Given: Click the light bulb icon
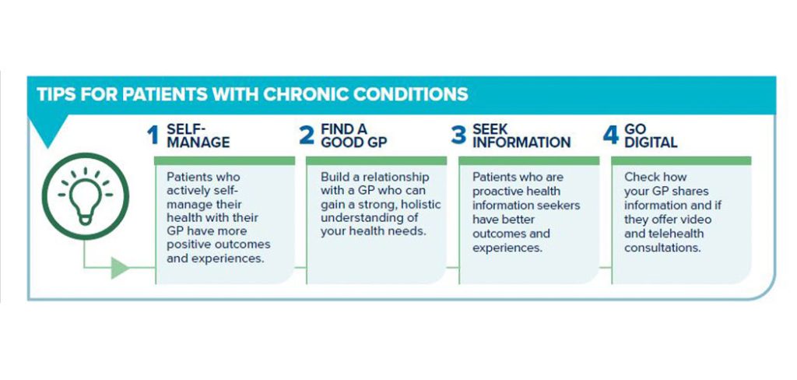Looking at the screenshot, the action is tap(86, 197).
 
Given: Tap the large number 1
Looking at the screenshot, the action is tap(153, 135).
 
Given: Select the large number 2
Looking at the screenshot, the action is tap(307, 135).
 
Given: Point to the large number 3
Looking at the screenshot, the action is tap(458, 135).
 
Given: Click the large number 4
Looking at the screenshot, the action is tap(611, 135).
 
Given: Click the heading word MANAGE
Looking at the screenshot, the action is tap(198, 142).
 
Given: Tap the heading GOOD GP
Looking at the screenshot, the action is tap(354, 142).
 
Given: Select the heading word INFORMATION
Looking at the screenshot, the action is tap(521, 142).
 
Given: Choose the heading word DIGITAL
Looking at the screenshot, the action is tap(651, 142).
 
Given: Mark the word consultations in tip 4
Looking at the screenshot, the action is tap(663, 248).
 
